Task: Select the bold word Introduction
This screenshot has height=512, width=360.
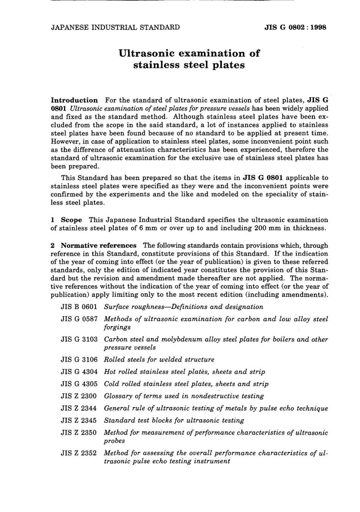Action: (x=74, y=100)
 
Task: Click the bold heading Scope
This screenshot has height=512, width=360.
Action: (x=71, y=220)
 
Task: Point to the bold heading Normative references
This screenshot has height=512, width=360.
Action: (x=98, y=246)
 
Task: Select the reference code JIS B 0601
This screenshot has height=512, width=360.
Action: (x=79, y=307)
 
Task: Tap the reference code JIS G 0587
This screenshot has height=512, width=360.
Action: (x=79, y=319)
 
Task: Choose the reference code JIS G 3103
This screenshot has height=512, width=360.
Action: (x=79, y=340)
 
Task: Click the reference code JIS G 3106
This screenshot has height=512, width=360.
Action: (x=79, y=360)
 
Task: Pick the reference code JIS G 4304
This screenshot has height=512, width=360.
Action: (x=79, y=372)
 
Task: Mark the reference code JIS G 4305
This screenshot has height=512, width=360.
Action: (x=79, y=384)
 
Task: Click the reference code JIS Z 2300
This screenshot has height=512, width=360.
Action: (x=79, y=396)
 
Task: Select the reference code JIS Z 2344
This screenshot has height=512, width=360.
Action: (x=79, y=409)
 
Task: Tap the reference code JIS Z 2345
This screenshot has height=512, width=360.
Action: (x=79, y=420)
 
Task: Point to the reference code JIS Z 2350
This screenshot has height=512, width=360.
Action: (x=79, y=432)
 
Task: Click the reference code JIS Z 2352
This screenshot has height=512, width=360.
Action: (x=79, y=453)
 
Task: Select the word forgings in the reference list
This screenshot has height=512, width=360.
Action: (x=117, y=327)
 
